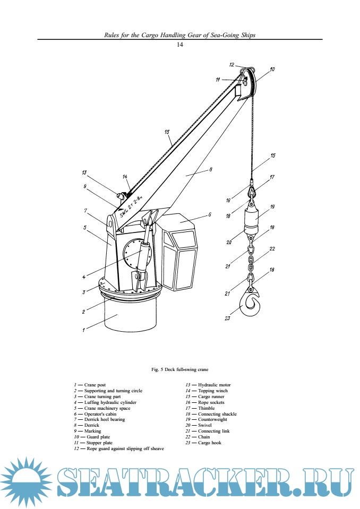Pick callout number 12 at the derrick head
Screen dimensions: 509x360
tap(232, 64)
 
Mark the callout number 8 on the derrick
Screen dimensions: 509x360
tap(211, 169)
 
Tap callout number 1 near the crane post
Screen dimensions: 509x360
tap(83, 330)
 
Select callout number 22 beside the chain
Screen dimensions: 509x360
tap(272, 248)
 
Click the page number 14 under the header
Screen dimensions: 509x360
tap(179, 45)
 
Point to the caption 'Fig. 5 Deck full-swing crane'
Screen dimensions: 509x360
tap(180, 368)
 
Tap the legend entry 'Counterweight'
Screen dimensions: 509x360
tap(213, 419)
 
